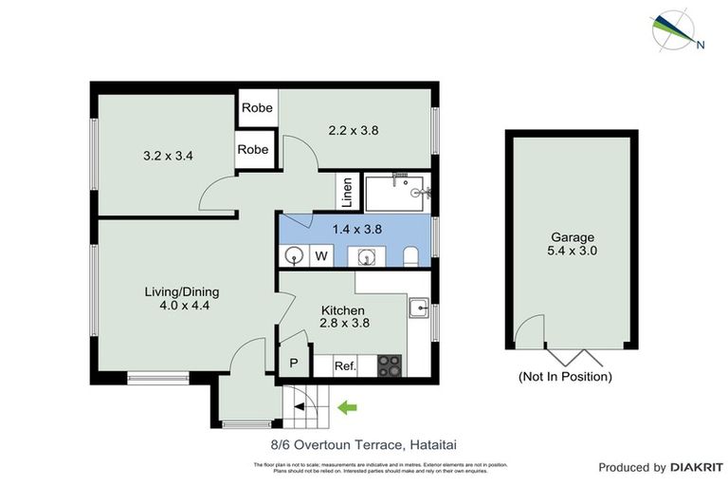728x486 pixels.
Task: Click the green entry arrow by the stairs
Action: tap(348, 408)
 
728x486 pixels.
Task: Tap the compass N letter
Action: tap(701, 44)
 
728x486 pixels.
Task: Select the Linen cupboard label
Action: tap(348, 193)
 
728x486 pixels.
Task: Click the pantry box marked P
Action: tap(293, 364)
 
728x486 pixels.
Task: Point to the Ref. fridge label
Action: tap(344, 365)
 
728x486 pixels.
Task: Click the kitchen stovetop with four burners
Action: tap(390, 364)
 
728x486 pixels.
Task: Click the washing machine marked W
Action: tap(321, 255)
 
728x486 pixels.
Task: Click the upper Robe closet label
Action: tap(257, 108)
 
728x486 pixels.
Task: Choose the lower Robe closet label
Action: tap(253, 150)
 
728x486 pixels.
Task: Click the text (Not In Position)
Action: tap(565, 377)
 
